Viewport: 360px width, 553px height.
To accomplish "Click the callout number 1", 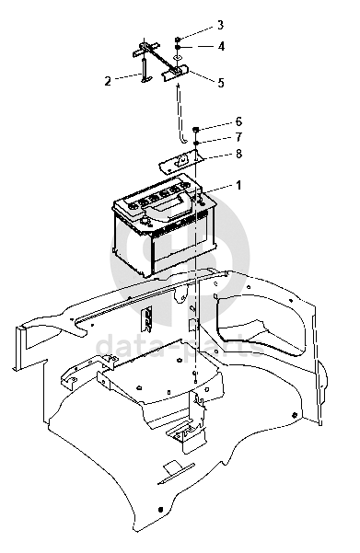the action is click(x=238, y=185).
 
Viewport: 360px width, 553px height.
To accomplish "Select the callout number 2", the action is click(x=108, y=81).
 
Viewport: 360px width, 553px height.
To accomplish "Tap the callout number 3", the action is click(x=220, y=25).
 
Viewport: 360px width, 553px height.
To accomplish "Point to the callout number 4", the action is click(x=221, y=46).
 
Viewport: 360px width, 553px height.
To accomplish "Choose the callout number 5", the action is click(x=221, y=83).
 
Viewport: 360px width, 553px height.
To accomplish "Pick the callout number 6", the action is click(x=239, y=121).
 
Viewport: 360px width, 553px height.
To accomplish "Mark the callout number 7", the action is click(x=239, y=137).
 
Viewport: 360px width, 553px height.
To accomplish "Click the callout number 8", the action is click(x=239, y=154).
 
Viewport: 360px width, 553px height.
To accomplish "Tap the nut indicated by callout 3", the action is click(x=179, y=40).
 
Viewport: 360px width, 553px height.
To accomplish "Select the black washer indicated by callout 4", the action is click(x=179, y=47).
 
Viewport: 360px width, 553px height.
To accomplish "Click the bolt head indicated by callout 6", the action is click(x=196, y=130).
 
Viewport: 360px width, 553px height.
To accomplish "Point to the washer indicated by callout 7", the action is click(x=196, y=142).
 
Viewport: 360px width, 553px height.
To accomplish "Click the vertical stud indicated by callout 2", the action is click(x=145, y=71).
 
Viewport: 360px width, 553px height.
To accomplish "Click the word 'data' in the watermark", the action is click(x=122, y=346).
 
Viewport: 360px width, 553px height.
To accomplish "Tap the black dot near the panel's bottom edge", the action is click(x=161, y=510).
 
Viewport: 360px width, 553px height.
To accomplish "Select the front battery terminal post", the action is click(x=145, y=221).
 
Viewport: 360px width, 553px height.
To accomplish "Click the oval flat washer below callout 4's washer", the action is click(x=179, y=56).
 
